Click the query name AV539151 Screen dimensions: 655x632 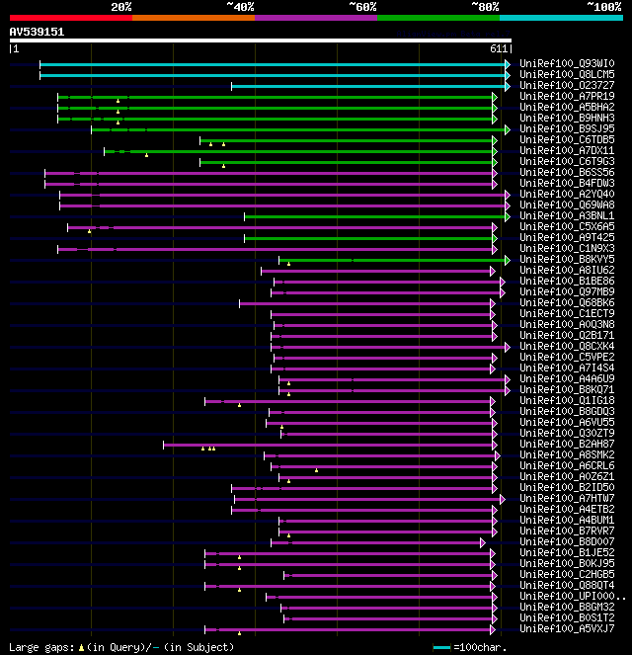pos(37,32)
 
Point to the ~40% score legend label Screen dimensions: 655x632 pos(240,7)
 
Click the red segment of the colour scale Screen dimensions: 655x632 pos(70,18)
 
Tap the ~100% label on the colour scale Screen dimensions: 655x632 pos(603,7)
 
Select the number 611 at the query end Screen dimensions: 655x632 pos(498,48)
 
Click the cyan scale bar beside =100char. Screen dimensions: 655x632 pos(441,647)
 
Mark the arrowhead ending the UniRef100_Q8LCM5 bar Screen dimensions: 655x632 pos(508,74)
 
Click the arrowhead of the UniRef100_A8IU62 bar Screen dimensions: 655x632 pos(494,270)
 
